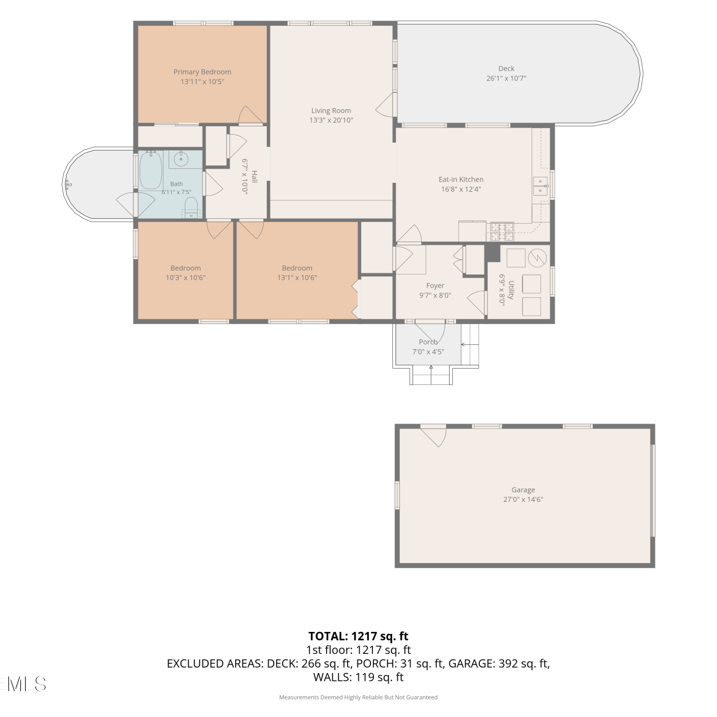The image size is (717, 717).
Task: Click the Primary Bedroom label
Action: pos(202,72)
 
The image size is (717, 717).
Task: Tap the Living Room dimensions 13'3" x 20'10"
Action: pos(331,120)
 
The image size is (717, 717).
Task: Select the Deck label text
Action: pos(506,68)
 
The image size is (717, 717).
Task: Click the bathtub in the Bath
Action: pos(151,170)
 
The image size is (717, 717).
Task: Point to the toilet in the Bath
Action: pos(191,208)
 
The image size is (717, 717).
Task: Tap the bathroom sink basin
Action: pos(181,159)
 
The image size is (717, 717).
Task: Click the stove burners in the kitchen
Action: pos(500,232)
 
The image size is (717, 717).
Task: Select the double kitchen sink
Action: pos(541,186)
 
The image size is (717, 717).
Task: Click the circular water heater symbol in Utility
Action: pos(537,258)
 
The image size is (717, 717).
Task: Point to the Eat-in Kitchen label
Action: pos(461,179)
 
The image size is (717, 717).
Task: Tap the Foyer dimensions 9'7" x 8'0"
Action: pos(435,295)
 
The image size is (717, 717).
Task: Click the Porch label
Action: pos(428,342)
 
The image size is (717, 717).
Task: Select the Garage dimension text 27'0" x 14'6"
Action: pos(523,500)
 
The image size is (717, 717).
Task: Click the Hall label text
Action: pos(254,176)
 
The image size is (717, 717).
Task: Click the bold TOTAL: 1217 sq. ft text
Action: pos(358,636)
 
